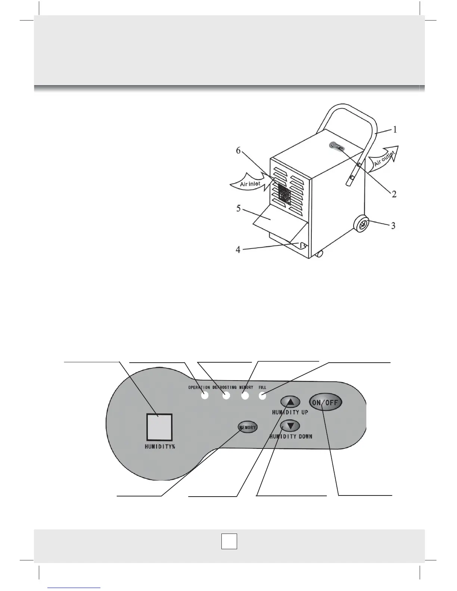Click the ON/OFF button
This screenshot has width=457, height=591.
coord(326,402)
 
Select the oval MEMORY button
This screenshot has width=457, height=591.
coord(248,427)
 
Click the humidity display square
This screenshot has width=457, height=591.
coord(159,427)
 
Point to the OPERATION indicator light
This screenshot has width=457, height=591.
coord(205,396)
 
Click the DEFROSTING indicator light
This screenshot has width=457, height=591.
coord(226,396)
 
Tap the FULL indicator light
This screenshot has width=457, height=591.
coord(262,396)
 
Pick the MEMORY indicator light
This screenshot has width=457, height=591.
coord(245,396)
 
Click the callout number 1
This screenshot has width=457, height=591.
coord(395,129)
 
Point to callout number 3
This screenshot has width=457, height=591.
coord(393,226)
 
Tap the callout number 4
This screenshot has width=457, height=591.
coord(238,250)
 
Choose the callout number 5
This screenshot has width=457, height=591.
coord(238,208)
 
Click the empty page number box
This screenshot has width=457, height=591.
coord(229,541)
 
